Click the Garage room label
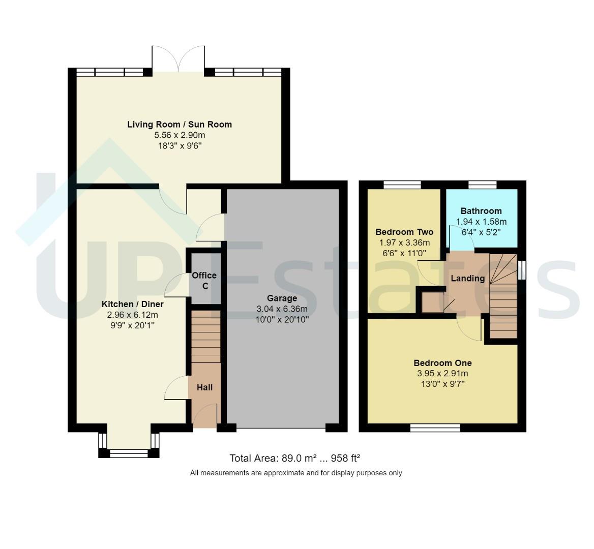[x=282, y=298]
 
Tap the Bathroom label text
[x=481, y=211]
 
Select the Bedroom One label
[x=442, y=363]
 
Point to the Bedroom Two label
[x=404, y=232]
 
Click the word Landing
[x=468, y=279]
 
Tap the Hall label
[x=204, y=387]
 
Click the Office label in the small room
[x=204, y=275]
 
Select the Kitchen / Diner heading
[x=133, y=304]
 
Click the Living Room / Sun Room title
[x=180, y=124]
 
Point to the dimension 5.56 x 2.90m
[x=180, y=135]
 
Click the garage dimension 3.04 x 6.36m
[x=282, y=309]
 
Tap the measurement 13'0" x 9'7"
[x=442, y=384]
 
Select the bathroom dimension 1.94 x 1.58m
[x=481, y=222]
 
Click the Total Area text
[x=295, y=459]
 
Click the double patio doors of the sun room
[x=178, y=59]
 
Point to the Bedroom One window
[x=435, y=428]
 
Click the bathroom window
[x=483, y=185]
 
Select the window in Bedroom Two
[x=402, y=185]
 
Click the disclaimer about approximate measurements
[x=296, y=473]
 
